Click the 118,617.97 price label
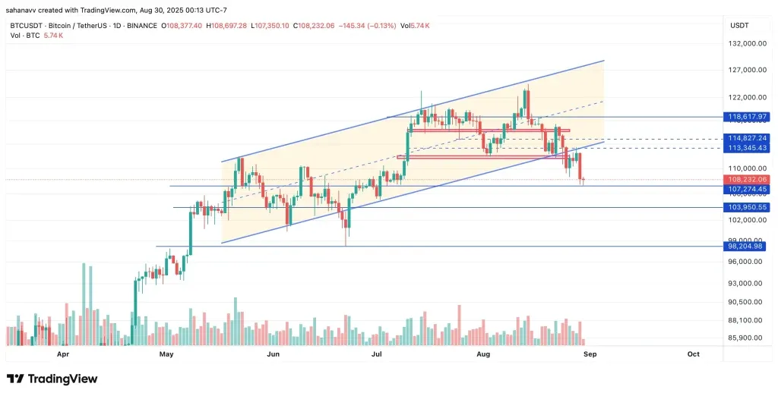747,117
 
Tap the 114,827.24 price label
747,138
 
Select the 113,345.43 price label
747,148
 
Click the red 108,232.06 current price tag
747,180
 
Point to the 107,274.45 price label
747,189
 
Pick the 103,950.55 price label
747,207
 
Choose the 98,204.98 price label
747,246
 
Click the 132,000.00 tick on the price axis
748,44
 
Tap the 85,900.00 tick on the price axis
746,338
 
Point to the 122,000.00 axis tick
748,97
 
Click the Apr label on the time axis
63,354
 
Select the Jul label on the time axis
376,354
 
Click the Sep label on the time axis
589,354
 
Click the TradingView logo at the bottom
52,379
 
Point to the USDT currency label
739,25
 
